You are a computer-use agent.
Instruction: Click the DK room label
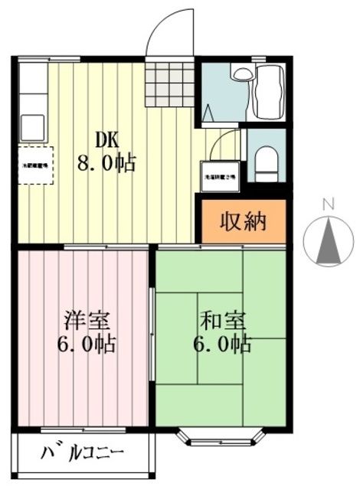pyautogui.click(x=106, y=139)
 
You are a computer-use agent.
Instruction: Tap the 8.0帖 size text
pyautogui.click(x=106, y=162)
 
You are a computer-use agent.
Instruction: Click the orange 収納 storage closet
pyautogui.click(x=243, y=222)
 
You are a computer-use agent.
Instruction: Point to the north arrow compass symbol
pyautogui.click(x=329, y=241)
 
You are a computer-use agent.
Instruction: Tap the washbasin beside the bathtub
pyautogui.click(x=241, y=74)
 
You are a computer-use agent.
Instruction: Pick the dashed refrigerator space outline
pyautogui.click(x=34, y=164)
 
